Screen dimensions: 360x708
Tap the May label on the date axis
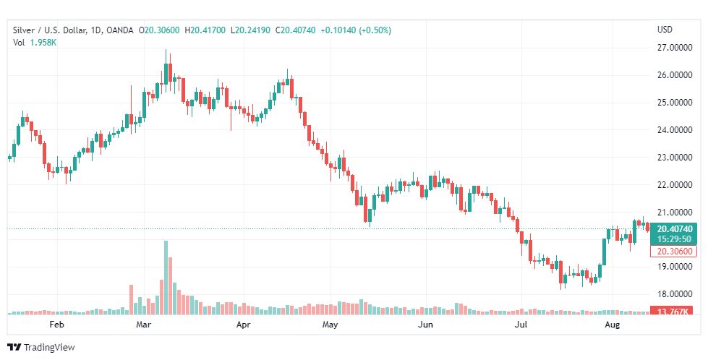330,325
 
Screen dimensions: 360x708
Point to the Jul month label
520,325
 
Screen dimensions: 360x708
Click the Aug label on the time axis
613,325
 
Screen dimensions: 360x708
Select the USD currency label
665,30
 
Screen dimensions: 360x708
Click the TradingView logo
41,348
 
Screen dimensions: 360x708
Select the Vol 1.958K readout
35,43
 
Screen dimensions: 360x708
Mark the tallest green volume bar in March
166,278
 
